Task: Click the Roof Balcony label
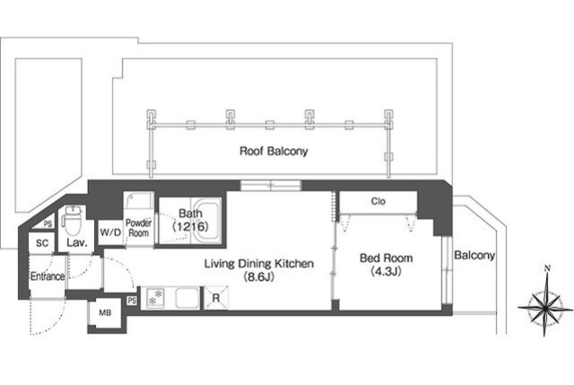274,151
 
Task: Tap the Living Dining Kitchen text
259,263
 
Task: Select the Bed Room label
387,258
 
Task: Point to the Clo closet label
378,201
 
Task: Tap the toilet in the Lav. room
73,220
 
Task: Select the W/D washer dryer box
110,232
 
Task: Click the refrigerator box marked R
216,298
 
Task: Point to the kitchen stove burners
155,297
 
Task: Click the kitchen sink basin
187,298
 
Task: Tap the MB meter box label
105,313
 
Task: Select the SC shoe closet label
42,243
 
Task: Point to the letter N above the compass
547,269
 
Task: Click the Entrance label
48,276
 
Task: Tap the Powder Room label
138,228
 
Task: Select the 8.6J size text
259,277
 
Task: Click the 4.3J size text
387,271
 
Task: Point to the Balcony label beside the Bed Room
474,255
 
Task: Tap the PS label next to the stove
132,301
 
